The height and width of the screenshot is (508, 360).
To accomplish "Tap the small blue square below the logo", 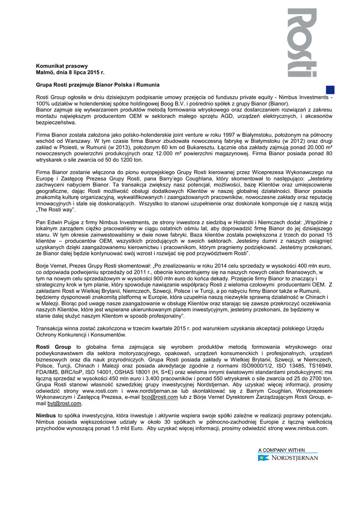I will coord(330,89).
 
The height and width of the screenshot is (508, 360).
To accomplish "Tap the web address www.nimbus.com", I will coord(310,428).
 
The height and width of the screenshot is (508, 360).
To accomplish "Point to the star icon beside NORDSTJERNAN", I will coord(261,458).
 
